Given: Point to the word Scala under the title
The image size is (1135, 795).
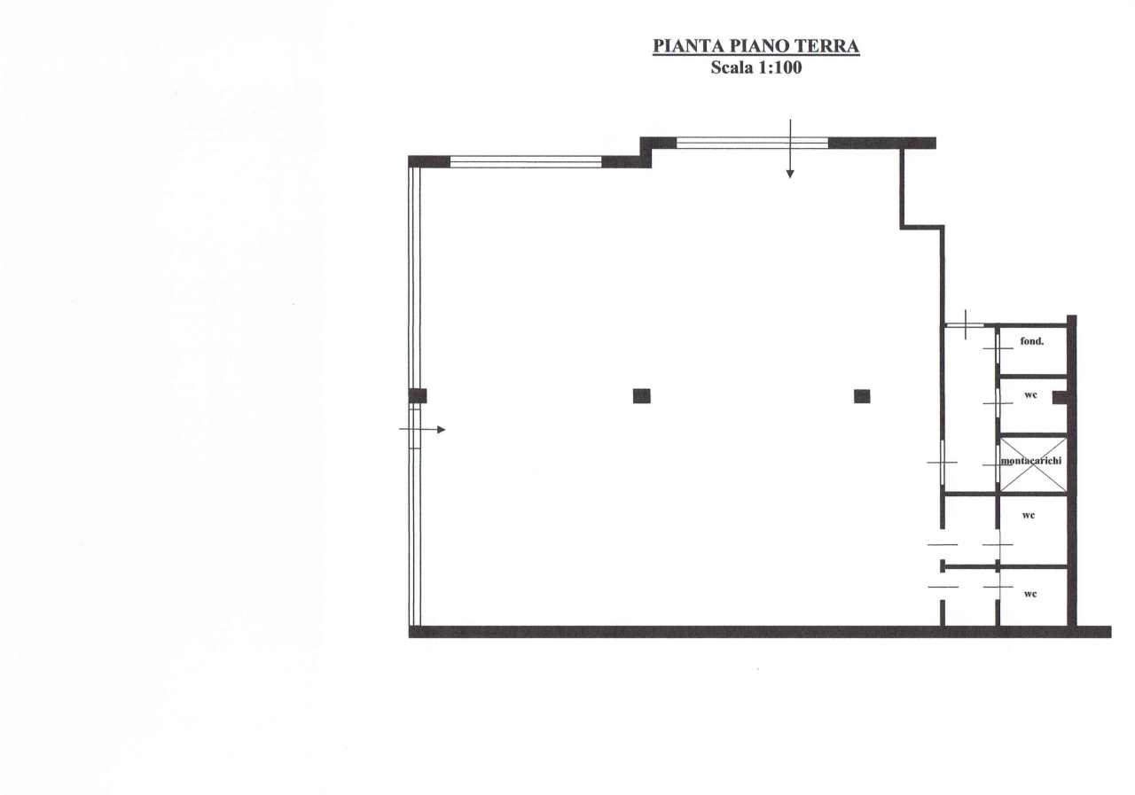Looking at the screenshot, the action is [x=732, y=67].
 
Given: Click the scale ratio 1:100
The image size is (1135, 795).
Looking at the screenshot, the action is [x=779, y=67].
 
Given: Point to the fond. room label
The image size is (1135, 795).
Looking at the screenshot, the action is [x=1031, y=341].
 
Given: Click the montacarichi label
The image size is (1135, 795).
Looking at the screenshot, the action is [x=1031, y=461].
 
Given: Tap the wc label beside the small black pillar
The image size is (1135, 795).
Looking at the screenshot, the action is [x=1030, y=395].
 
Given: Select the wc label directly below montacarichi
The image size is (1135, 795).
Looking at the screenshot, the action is [x=1028, y=516].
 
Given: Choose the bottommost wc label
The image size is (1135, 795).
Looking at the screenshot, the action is [x=1030, y=594].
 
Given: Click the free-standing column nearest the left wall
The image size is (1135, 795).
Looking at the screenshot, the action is [x=641, y=396].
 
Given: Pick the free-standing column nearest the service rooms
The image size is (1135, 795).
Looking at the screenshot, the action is [x=862, y=396].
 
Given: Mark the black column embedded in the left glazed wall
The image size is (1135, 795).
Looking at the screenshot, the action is [x=418, y=396].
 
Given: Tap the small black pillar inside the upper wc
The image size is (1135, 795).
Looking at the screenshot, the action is [x=1060, y=397].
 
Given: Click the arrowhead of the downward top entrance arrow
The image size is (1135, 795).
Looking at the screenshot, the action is [x=790, y=175].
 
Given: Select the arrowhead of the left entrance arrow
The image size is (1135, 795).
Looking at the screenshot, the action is [x=442, y=430].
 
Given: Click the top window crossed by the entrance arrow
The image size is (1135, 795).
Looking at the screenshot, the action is [x=753, y=143].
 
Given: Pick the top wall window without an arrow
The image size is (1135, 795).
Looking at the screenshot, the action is [x=526, y=162].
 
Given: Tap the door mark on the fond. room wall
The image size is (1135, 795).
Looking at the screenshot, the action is [x=998, y=348].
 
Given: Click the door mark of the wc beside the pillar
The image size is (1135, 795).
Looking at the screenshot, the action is [x=998, y=403].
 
